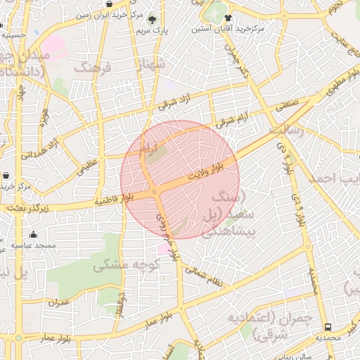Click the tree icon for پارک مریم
pos(153,19)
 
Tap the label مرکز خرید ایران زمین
pos(112,14)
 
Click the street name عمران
pos(59,302)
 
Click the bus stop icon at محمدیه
pos(328,327)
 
